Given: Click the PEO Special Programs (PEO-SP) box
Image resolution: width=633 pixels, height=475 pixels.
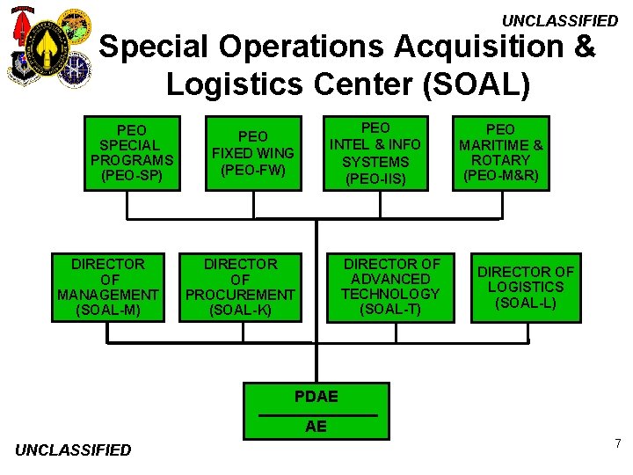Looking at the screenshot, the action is [x=132, y=152].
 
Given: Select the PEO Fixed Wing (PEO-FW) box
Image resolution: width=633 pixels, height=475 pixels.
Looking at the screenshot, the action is [x=253, y=152].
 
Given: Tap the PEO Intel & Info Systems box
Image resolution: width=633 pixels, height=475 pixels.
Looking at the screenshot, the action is [x=375, y=153].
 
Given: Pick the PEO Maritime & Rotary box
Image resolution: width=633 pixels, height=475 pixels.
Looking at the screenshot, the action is [x=500, y=152].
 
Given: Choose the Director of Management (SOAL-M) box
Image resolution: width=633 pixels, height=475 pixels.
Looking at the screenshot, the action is [x=108, y=287].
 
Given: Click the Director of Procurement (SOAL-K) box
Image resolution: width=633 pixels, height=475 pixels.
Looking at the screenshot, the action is [x=240, y=287].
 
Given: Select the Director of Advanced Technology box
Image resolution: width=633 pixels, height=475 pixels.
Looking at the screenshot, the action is [x=391, y=287].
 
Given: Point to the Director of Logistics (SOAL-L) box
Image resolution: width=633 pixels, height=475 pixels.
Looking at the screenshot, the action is [x=526, y=287].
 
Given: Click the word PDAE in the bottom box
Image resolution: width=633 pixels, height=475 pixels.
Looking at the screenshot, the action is [x=316, y=397].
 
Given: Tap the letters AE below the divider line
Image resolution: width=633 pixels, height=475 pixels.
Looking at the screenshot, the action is [x=316, y=427].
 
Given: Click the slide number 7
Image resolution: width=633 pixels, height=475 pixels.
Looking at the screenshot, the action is [x=618, y=443].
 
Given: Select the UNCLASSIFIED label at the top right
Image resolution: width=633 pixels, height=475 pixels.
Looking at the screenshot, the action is [x=560, y=20].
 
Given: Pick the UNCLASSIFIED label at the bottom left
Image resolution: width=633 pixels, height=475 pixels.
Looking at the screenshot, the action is [x=73, y=450].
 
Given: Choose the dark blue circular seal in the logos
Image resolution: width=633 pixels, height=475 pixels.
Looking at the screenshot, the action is [x=76, y=69].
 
